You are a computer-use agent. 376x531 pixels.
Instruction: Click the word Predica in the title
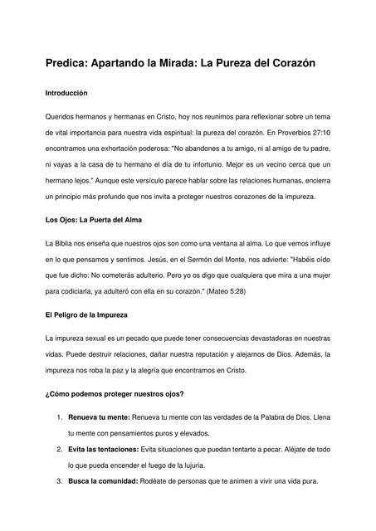(71, 64)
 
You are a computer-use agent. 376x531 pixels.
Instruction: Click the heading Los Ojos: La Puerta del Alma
(93, 221)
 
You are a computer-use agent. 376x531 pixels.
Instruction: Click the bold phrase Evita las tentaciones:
(104, 449)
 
